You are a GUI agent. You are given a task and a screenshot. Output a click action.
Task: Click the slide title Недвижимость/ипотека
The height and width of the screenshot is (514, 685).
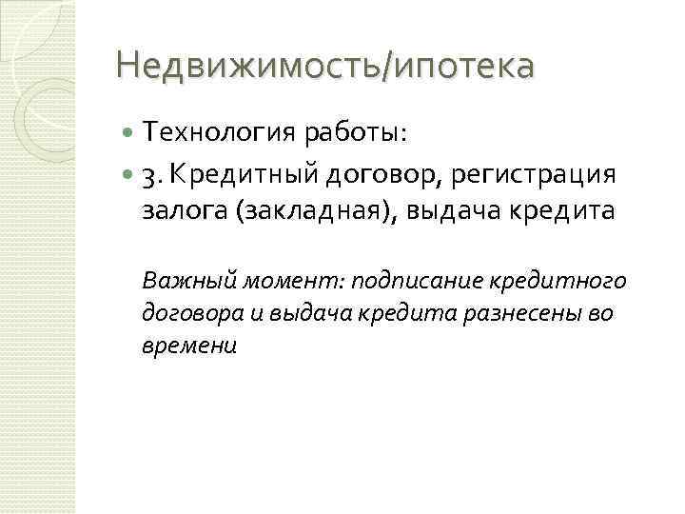click(x=324, y=69)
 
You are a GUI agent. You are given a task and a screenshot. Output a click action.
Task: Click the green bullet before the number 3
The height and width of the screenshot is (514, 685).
click(x=128, y=175)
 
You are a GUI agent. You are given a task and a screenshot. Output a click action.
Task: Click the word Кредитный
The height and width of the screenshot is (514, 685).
click(x=226, y=175)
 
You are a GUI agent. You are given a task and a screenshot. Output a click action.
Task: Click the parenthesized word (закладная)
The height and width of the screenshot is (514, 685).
click(x=310, y=212)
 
